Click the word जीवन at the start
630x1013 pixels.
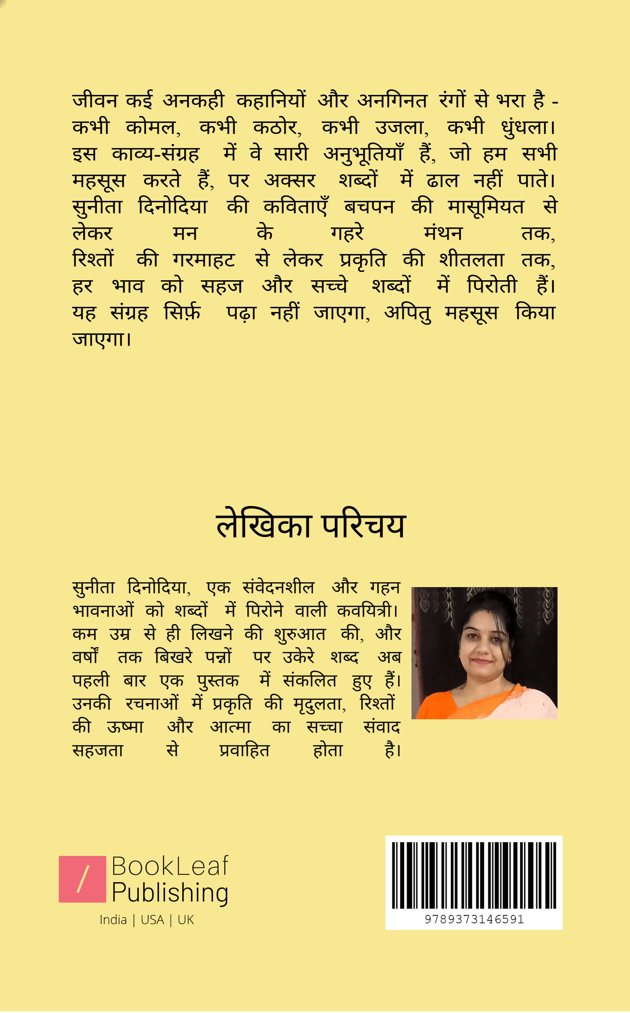[95, 101]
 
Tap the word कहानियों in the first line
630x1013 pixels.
[271, 101]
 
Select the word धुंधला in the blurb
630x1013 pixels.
[525, 128]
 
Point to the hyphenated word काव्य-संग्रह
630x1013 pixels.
[155, 154]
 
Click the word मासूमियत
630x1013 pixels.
[486, 207]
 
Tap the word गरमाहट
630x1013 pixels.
[204, 260]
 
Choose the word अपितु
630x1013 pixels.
[408, 313]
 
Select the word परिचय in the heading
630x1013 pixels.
[364, 526]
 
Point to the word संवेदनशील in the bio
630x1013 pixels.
[278, 588]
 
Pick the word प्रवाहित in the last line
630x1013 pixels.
[244, 751]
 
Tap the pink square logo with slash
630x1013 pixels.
[82, 879]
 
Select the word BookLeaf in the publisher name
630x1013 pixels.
[170, 866]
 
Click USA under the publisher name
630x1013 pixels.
[152, 920]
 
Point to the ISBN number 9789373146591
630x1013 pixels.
[474, 919]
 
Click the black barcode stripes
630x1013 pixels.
[474, 875]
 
